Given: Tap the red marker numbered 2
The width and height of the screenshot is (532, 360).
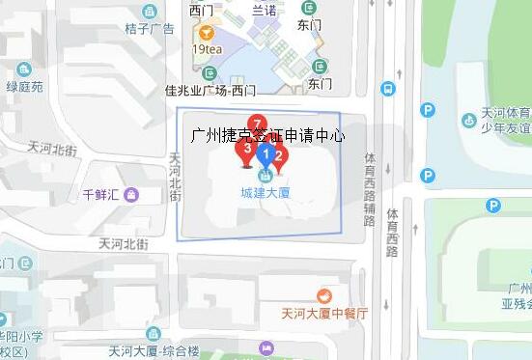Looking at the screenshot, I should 278,154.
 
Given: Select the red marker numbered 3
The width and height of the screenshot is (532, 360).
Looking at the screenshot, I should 248,150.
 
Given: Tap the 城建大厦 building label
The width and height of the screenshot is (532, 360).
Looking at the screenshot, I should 266,192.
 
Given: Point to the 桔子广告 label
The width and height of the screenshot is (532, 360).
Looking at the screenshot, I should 149,28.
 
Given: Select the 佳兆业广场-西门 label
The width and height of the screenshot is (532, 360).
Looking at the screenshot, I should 210,91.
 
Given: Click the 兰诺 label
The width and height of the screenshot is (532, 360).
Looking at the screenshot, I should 264,10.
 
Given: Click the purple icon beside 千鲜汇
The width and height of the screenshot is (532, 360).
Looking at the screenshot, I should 131,194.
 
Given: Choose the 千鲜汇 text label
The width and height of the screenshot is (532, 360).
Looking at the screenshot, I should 100,195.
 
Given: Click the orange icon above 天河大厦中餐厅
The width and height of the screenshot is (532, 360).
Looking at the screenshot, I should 324,295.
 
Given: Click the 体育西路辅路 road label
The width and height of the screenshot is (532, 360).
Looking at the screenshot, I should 369,188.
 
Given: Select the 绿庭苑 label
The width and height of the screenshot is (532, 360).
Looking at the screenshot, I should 25,86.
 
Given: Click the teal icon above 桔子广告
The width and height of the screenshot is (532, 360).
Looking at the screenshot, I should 149,12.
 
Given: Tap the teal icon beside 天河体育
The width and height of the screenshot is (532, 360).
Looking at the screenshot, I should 468,120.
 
